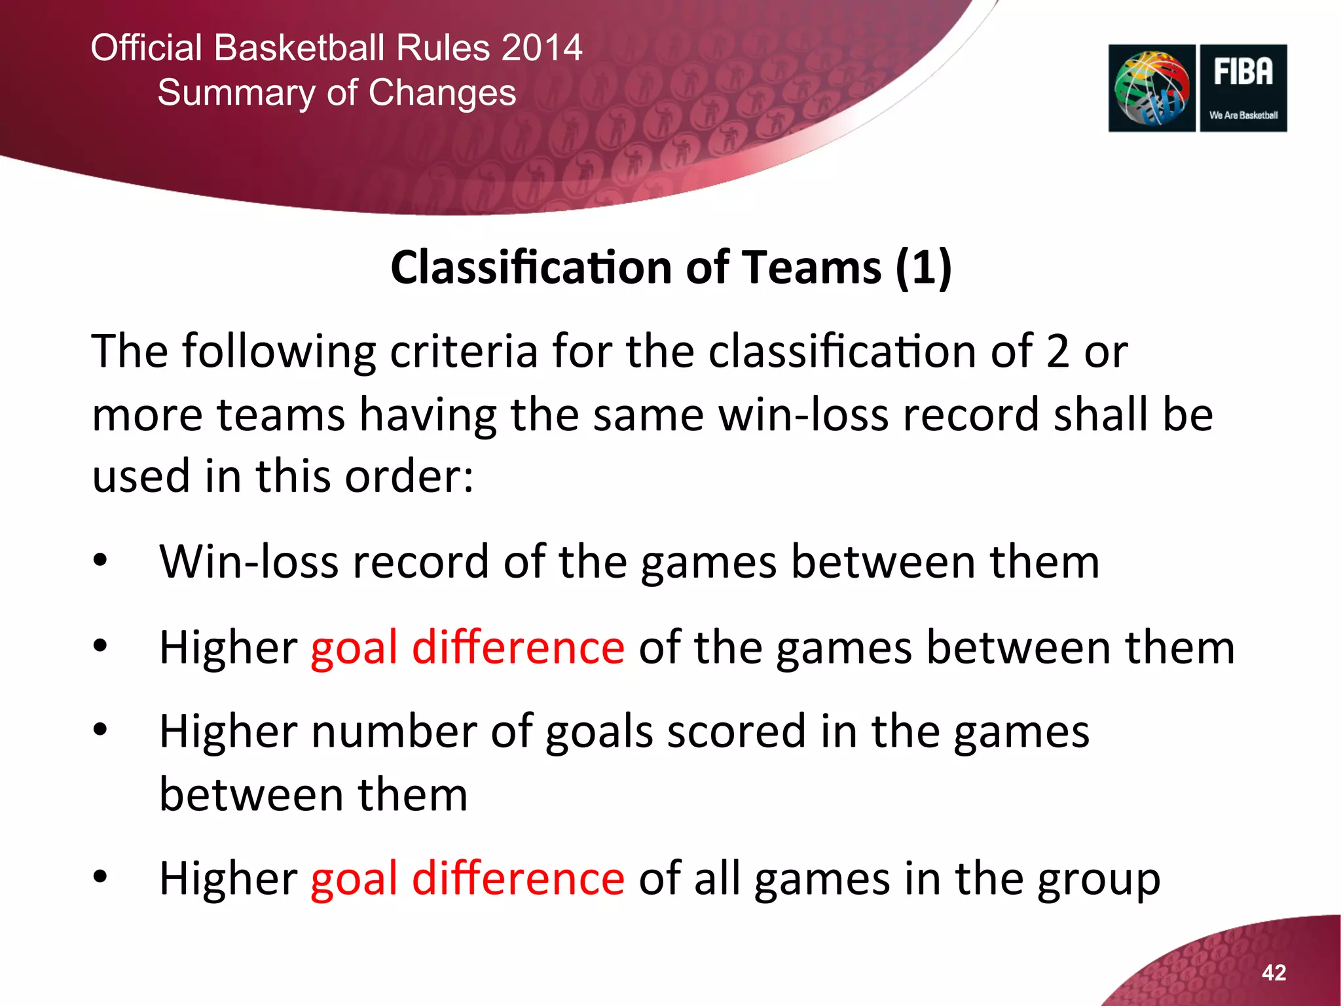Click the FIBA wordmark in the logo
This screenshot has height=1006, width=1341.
pos(1243,72)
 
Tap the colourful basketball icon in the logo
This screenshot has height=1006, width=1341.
pos(1152,88)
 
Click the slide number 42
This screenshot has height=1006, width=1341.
pos(1274,973)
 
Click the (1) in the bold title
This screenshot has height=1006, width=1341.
pos(923,268)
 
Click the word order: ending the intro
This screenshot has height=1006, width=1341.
pos(409,476)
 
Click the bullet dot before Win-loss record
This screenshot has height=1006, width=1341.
pos(100,561)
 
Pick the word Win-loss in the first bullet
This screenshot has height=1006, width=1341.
pos(249,561)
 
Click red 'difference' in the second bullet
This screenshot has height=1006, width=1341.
pos(518,647)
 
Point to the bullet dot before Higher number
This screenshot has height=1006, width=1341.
pos(100,730)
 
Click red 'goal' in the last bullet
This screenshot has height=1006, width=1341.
pos(354,880)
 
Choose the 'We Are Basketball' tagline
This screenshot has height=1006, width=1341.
pos(1243,115)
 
